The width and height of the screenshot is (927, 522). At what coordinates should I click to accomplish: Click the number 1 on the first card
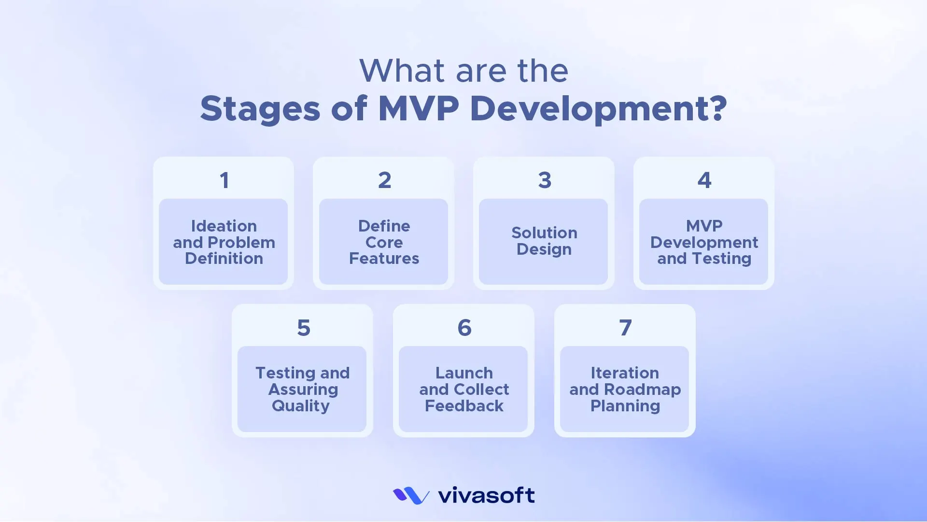pos(224,181)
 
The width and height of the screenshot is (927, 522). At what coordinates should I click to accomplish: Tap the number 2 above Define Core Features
pos(384,181)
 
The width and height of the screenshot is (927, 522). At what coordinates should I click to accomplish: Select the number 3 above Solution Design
pos(545,181)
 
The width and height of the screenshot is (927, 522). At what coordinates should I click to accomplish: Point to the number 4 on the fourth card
pos(704,181)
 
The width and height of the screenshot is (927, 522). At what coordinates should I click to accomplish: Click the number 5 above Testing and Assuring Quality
pos(303,328)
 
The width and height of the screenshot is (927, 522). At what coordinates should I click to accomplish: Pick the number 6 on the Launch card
pos(464,328)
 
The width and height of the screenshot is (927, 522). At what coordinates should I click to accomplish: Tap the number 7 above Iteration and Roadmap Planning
pos(625,328)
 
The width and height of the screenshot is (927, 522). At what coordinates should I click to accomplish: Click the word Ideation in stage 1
pos(224,226)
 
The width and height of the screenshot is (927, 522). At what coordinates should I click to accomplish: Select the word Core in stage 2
pos(384,243)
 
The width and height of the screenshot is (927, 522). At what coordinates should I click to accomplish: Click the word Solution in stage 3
pos(544,233)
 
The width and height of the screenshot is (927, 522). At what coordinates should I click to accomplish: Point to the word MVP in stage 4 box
pos(704,226)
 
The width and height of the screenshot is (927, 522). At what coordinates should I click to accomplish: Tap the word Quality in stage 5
pos(300,406)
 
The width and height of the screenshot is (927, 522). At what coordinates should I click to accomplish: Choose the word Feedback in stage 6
pos(464,406)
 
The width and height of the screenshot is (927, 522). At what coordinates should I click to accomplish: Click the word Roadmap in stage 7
pos(642,390)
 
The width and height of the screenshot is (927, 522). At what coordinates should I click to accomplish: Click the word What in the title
pos(402,71)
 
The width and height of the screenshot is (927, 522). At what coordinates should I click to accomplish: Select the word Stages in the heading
pos(260,109)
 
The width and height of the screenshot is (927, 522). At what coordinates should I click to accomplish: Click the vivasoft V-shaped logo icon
pos(411,495)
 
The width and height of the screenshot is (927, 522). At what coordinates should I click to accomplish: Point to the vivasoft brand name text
pos(486,495)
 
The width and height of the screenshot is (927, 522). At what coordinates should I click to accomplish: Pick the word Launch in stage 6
pos(464,373)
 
